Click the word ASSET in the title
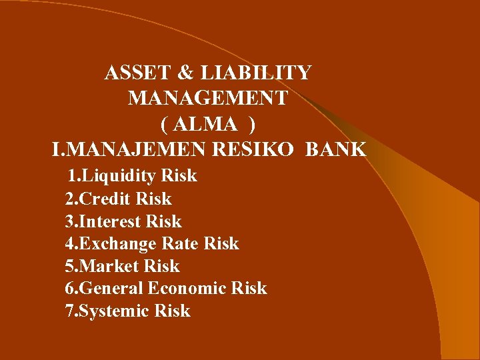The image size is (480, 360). [x=131, y=73]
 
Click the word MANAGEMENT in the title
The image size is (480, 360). [x=207, y=98]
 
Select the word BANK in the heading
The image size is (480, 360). [x=336, y=149]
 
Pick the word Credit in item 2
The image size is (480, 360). [x=106, y=199]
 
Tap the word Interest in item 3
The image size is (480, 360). [x=111, y=221]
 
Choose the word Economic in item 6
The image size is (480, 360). [x=188, y=289]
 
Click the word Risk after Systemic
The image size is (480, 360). [x=172, y=311]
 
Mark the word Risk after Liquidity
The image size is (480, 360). [x=179, y=176]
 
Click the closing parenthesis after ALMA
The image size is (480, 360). [x=251, y=124]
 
